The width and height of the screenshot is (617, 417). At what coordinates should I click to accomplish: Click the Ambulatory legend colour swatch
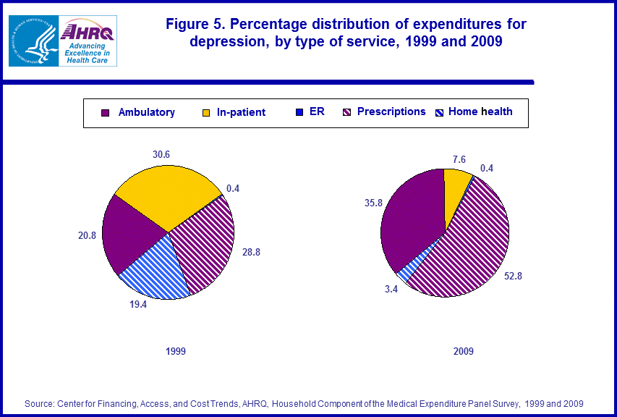(106, 112)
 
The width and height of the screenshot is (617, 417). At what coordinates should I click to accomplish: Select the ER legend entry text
(317, 111)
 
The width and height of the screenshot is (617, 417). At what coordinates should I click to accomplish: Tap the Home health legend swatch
(439, 112)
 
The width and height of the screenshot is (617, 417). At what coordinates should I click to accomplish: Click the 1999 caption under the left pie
(175, 351)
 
